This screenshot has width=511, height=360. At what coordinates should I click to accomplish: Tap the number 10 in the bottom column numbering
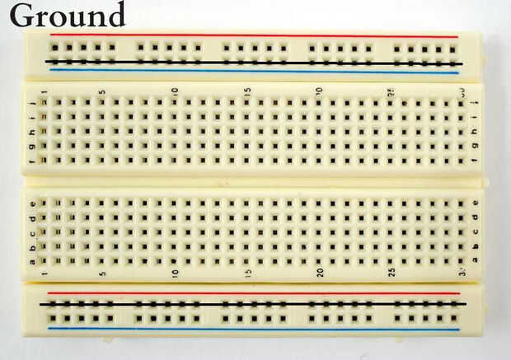coord(175,273)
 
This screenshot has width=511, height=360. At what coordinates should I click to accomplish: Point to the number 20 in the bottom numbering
coord(320,273)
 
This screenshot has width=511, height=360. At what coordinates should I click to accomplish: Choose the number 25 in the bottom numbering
coord(391,273)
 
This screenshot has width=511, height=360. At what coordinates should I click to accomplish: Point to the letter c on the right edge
coord(476,231)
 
